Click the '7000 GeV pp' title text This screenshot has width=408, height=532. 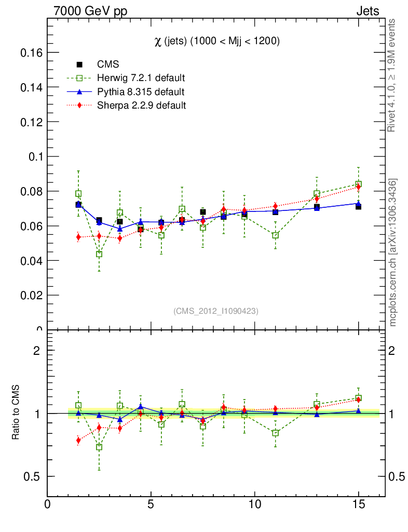[90, 11]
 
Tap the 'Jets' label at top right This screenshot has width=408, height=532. [367, 11]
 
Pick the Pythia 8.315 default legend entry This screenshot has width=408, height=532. [141, 92]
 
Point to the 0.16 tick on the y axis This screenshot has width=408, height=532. [31, 52]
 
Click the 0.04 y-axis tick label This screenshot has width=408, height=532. [31, 260]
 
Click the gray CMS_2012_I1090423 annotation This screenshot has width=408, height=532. [216, 311]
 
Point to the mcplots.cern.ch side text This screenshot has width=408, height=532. [393, 252]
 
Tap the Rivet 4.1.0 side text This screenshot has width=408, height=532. [392, 75]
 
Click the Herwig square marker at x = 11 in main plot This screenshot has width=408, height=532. [276, 235]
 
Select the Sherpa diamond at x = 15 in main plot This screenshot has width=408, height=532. [358, 187]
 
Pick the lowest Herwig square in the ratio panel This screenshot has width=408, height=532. [99, 447]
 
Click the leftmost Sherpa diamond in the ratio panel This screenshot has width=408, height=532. [78, 441]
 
